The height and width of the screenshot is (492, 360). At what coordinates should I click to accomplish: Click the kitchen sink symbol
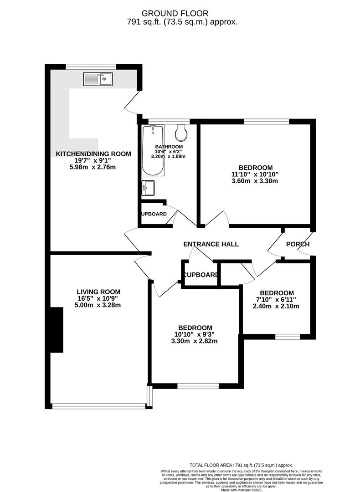pyautogui.click(x=98, y=79)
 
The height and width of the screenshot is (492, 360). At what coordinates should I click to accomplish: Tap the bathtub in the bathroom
pyautogui.click(x=152, y=150)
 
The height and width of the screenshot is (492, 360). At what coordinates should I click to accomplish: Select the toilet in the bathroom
pyautogui.click(x=181, y=133)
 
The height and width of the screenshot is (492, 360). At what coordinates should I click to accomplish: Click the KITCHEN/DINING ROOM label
pyautogui.click(x=93, y=154)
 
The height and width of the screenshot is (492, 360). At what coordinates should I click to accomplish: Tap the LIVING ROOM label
pyautogui.click(x=98, y=292)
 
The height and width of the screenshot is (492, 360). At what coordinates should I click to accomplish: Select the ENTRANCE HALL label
pyautogui.click(x=211, y=244)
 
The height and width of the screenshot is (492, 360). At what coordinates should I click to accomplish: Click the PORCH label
pyautogui.click(x=298, y=244)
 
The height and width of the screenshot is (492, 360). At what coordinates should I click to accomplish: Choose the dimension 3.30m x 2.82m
pyautogui.click(x=195, y=341)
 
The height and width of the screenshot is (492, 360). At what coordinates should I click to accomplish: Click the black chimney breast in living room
pyautogui.click(x=56, y=329)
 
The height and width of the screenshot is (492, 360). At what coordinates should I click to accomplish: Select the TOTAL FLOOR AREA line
pyautogui.click(x=241, y=465)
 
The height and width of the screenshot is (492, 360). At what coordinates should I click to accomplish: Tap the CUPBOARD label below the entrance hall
pyautogui.click(x=201, y=275)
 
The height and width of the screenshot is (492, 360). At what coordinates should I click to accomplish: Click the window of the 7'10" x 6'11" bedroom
pyautogui.click(x=288, y=337)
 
